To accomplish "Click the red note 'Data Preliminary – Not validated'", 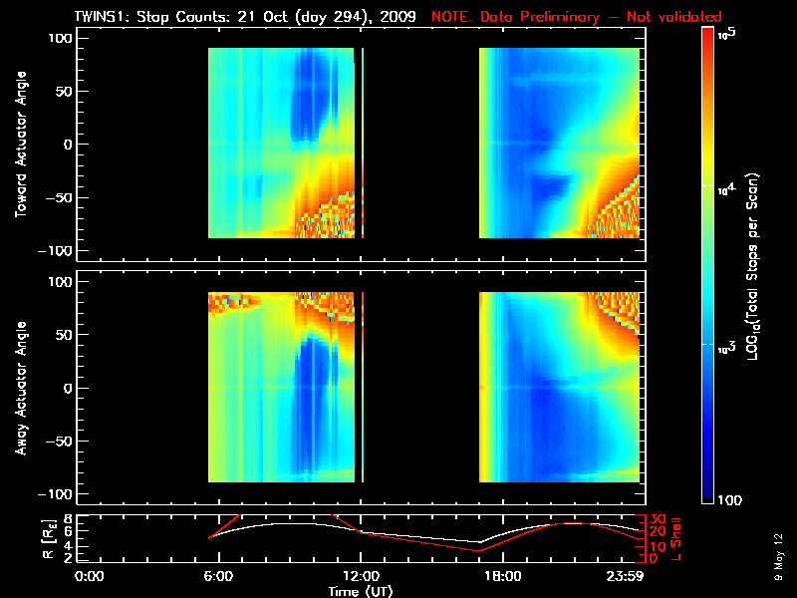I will (601, 17).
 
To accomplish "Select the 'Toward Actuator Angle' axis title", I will (20, 144).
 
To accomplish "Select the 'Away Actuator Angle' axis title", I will (20, 388).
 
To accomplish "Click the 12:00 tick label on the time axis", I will (361, 575).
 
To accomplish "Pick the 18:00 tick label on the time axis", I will (502, 575).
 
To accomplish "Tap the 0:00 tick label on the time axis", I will (90, 575).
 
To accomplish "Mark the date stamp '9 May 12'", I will (778, 558).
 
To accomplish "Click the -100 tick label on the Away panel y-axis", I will (58, 494).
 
